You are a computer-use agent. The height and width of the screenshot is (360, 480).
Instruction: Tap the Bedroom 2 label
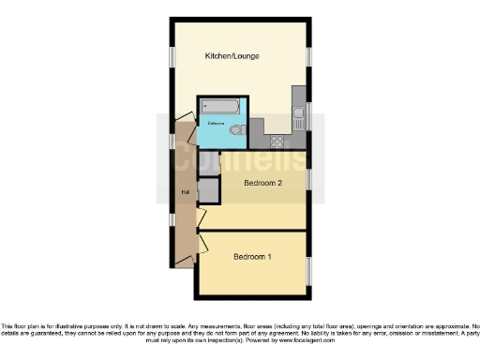pos(263,184)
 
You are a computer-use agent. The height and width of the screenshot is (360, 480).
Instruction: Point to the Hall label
pos(184,193)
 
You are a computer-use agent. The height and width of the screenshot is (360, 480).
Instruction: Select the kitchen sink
pos(297,116)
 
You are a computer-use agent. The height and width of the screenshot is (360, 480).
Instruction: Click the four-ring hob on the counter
pos(277,142)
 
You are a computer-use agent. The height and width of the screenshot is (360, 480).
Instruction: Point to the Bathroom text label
pos(215,125)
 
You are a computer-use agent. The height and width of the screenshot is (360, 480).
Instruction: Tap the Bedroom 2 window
pos(308,182)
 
